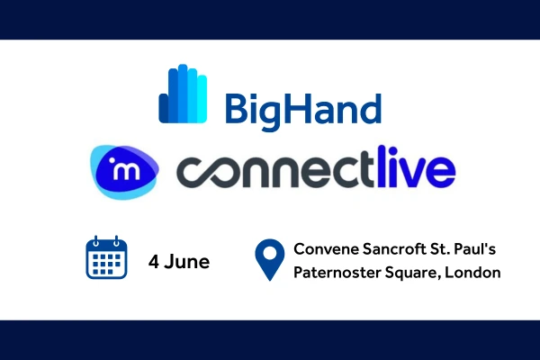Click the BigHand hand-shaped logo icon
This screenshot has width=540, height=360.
(183, 94)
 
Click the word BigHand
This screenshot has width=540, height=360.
(303, 111)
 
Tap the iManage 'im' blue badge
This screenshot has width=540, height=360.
(125, 172)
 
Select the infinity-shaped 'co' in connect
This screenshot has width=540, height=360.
(214, 172)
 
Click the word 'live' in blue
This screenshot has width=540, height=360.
(417, 166)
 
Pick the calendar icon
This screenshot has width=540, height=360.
(106, 257)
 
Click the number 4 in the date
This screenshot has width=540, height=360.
(154, 262)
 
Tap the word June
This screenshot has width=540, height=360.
(187, 262)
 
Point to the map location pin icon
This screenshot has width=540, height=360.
(270, 260)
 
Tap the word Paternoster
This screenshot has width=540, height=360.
(337, 273)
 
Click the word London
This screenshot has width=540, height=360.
(472, 273)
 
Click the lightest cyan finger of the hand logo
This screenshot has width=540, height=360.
(202, 99)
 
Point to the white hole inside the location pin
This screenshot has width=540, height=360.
(270, 254)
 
